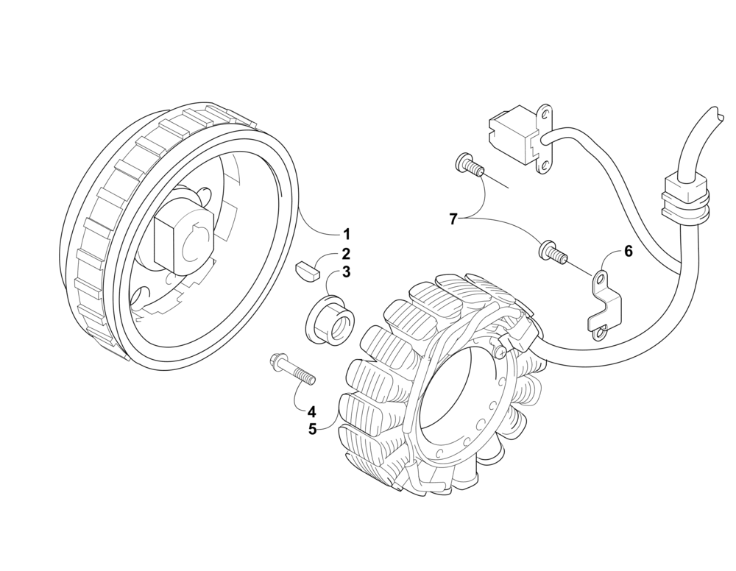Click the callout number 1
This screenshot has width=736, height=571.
pos(345,235)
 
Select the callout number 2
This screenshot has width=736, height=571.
pos(345,255)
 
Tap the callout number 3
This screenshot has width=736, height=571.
pos(345,272)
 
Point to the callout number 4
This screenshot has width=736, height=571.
pos(312,411)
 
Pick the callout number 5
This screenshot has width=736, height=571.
pos(312,429)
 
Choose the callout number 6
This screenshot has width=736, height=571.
pos(628,252)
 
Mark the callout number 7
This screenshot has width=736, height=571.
pos(454,219)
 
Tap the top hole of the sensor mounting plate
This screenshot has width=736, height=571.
pos(545,115)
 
